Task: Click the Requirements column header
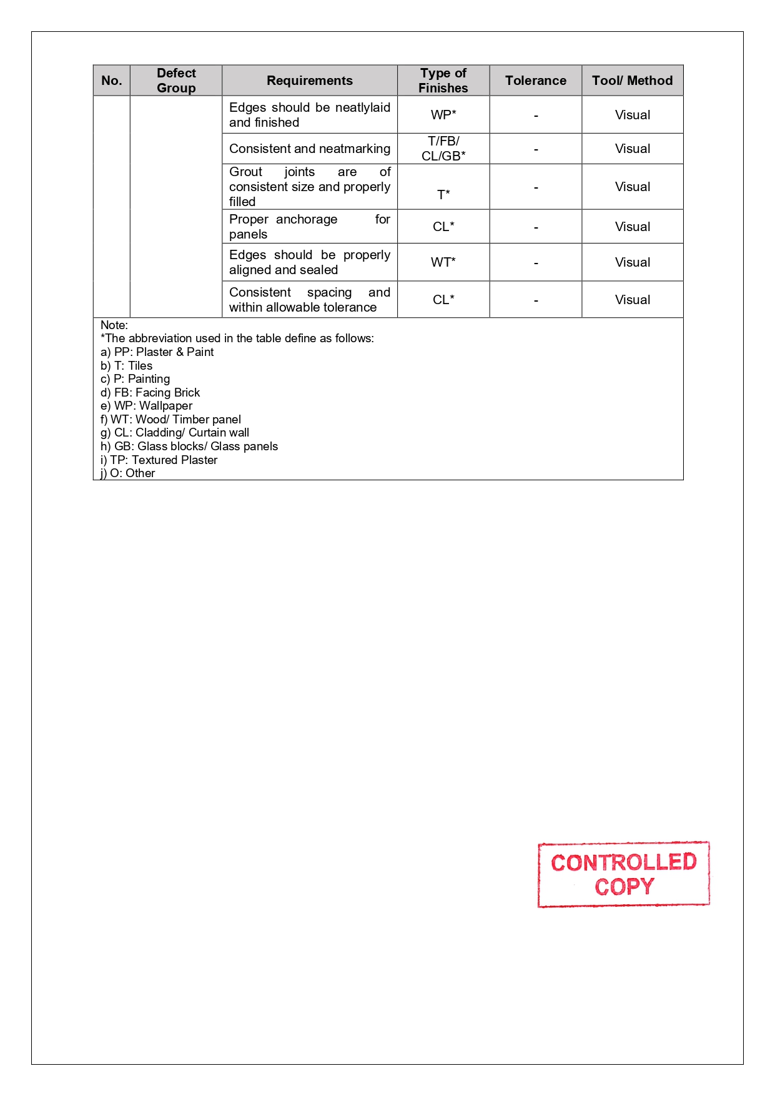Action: click(x=309, y=81)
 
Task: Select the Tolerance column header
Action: click(x=535, y=81)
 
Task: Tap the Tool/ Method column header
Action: click(x=632, y=81)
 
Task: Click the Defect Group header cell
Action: click(x=176, y=81)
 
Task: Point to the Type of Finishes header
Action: click(x=443, y=81)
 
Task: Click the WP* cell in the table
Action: click(x=443, y=115)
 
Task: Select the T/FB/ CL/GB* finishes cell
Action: click(x=443, y=149)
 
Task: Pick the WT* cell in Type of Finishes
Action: click(x=443, y=262)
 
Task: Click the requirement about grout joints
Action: click(x=309, y=187)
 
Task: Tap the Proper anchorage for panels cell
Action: click(x=309, y=227)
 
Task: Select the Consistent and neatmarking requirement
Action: click(x=309, y=149)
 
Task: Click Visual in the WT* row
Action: click(x=632, y=262)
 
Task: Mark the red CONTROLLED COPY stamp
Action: click(x=623, y=874)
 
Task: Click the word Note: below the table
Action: click(x=114, y=325)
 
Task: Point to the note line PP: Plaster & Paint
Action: click(x=157, y=352)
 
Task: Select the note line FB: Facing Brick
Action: click(x=151, y=393)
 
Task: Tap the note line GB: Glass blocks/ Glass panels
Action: click(x=189, y=447)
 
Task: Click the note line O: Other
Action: click(x=128, y=473)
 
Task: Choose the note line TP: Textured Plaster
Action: click(x=159, y=460)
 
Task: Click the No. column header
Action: click(x=112, y=81)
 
